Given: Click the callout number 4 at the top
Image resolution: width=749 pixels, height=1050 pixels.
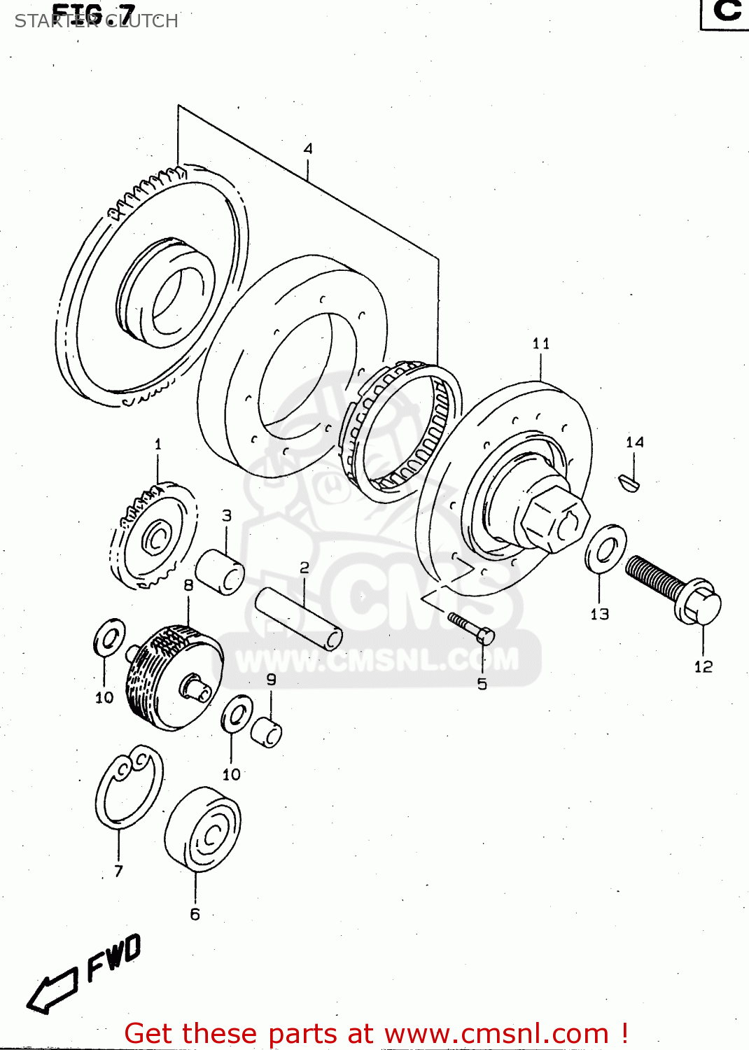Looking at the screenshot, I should (x=308, y=148).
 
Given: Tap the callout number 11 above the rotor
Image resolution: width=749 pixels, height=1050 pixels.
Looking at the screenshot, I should (x=540, y=343).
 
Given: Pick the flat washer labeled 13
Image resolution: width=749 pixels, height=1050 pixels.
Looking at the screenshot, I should (x=605, y=549).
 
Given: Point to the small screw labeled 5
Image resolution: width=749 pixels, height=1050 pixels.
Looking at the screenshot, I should (x=472, y=626).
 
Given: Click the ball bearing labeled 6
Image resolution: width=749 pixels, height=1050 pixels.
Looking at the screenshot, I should (x=204, y=829).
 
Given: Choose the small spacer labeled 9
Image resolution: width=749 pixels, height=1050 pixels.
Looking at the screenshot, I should (x=266, y=732).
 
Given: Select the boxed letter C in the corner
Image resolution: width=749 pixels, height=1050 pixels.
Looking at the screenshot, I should (x=726, y=12).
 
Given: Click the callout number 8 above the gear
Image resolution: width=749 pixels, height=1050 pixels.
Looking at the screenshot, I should (x=188, y=585).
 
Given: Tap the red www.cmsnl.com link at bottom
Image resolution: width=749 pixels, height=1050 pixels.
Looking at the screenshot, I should (x=496, y=1033).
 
